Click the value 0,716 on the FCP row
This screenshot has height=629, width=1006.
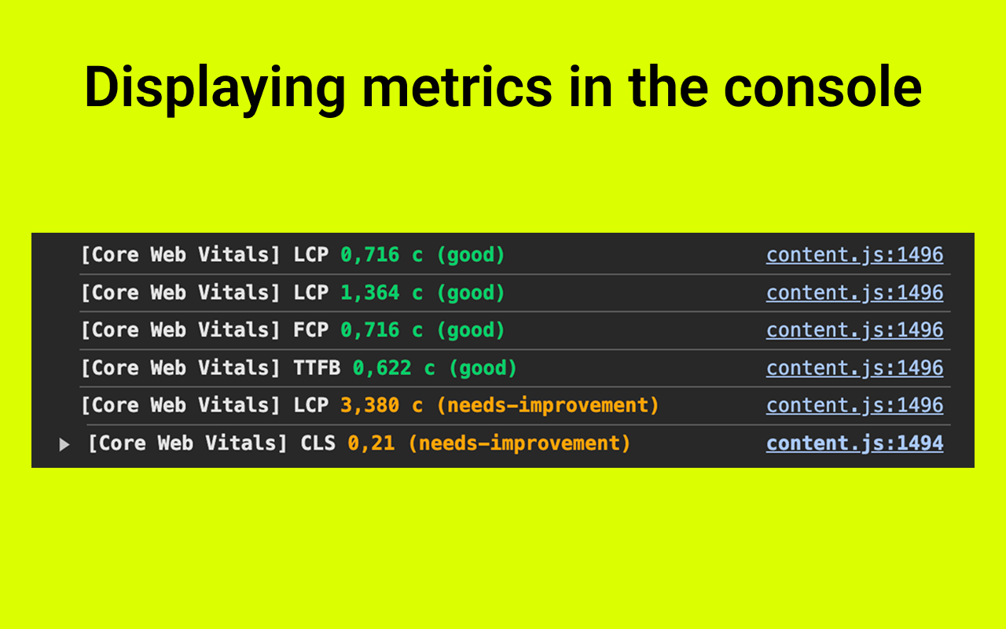tap(369, 330)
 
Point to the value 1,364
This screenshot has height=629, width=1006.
tap(369, 292)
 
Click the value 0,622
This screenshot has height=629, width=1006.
tap(382, 368)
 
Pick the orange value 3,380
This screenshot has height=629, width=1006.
tap(369, 406)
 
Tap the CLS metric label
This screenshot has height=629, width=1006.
tap(318, 443)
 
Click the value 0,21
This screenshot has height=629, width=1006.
tap(371, 443)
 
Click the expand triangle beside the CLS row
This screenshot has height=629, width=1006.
tap(64, 445)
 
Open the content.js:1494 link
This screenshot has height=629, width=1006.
tap(854, 443)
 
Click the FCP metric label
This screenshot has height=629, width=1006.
tap(310, 330)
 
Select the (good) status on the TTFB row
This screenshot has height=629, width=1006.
tap(483, 368)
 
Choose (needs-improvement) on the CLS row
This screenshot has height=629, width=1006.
tap(520, 443)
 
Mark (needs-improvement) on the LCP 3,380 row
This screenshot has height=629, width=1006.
tap(548, 406)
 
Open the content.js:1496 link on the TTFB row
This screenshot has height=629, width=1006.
tap(854, 368)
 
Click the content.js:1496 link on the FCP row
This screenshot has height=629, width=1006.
tap(854, 330)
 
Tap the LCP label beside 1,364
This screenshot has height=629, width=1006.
tap(310, 292)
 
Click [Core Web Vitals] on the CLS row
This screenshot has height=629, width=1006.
tap(188, 443)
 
